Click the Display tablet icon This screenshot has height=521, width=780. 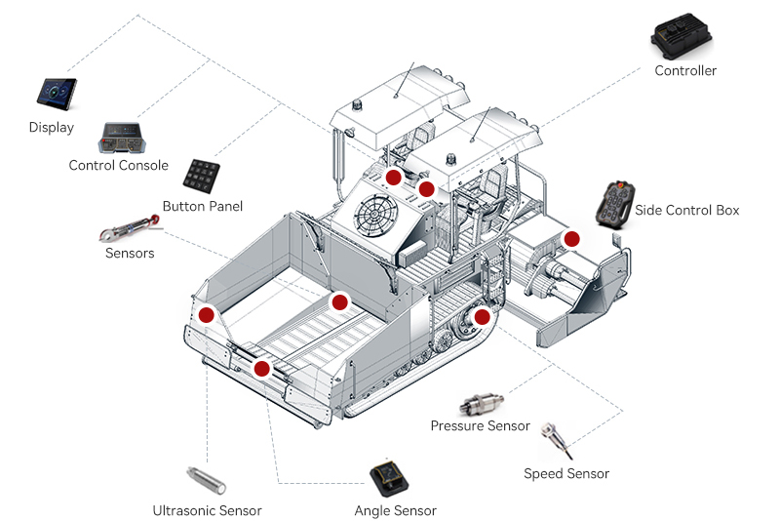pos(56,94)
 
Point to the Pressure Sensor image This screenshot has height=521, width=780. pos(485,402)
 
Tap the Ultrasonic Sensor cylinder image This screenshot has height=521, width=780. pos(206,480)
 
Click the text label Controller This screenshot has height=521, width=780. pos(685,70)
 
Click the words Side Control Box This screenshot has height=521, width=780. pos(686,210)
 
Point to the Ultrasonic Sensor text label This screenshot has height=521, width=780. pos(207,510)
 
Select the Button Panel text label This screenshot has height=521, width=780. pos(203,206)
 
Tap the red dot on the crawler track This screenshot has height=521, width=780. pos(483,316)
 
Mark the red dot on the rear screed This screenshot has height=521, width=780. pos(571,238)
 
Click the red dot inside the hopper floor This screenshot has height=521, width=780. pos(339,302)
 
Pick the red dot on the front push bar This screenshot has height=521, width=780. pos(261,368)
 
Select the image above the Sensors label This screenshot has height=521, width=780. pos(132,229)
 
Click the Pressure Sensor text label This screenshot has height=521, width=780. pos(480,425)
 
